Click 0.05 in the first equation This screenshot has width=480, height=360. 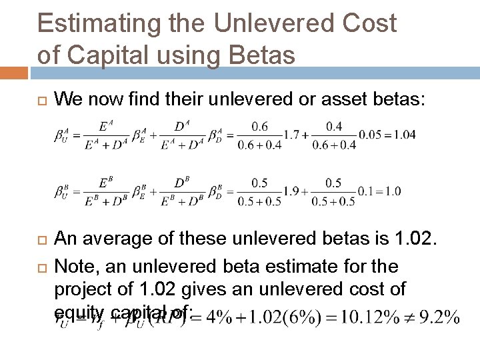click(370, 135)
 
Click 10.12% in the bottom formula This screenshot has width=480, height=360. click(364, 317)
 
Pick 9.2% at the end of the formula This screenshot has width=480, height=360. click(437, 317)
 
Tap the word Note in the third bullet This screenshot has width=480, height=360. click(75, 267)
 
